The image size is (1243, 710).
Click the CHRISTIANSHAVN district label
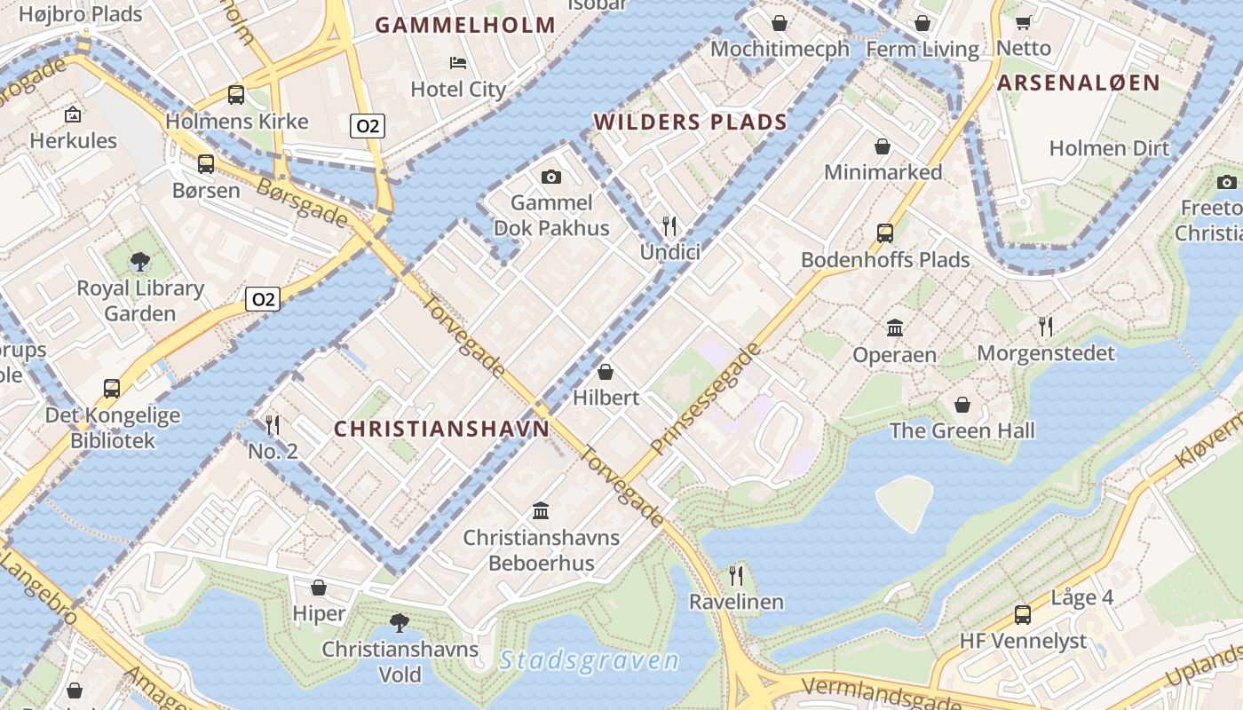pyautogui.click(x=441, y=429)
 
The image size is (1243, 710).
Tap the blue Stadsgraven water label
pyautogui.click(x=589, y=661)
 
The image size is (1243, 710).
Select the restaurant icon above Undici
pyautogui.click(x=669, y=226)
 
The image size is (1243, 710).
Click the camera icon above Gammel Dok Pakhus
pyautogui.click(x=550, y=177)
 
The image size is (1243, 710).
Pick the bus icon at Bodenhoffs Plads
pyautogui.click(x=885, y=233)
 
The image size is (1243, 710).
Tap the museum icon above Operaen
pyautogui.click(x=894, y=328)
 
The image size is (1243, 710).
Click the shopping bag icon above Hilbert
pyautogui.click(x=606, y=371)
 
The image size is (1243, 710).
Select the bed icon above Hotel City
pyautogui.click(x=458, y=62)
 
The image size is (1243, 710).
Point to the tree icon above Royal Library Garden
pyautogui.click(x=139, y=261)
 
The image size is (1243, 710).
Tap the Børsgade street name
pyautogui.click(x=302, y=202)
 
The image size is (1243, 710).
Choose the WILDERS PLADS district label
pyautogui.click(x=691, y=122)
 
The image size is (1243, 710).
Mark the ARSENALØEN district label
pyautogui.click(x=1078, y=83)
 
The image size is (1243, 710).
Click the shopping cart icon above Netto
pyautogui.click(x=1023, y=22)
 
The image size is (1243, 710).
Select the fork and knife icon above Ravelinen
pyautogui.click(x=736, y=575)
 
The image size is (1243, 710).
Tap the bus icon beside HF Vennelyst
pyautogui.click(x=1023, y=614)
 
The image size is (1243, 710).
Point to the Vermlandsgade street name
pyautogui.click(x=880, y=693)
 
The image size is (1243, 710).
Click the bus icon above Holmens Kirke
pyautogui.click(x=236, y=94)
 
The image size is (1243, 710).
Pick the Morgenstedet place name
pyautogui.click(x=1045, y=353)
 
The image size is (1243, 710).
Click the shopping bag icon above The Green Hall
pyautogui.click(x=962, y=405)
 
